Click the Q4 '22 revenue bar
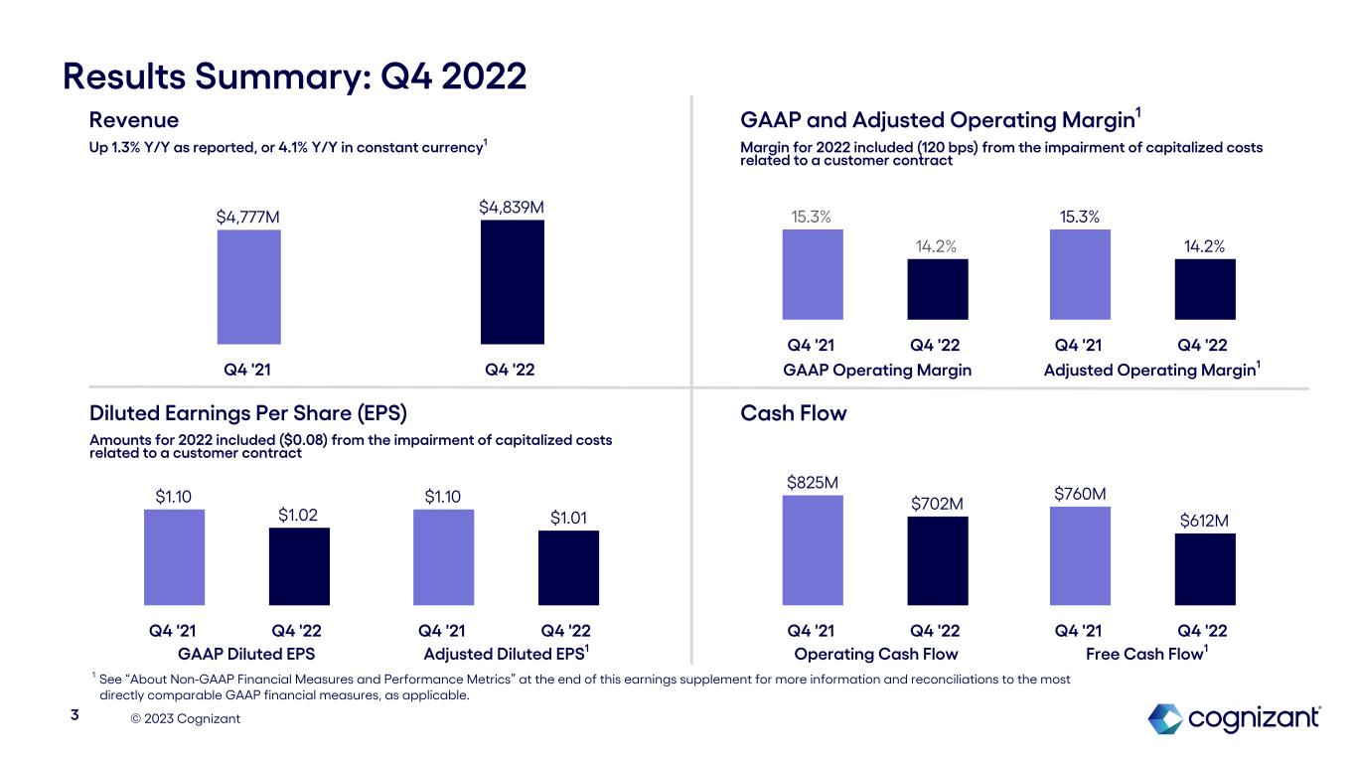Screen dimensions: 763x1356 click(x=512, y=282)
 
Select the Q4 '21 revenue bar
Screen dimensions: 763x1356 click(x=248, y=287)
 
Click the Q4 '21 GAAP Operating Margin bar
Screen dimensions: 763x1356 click(x=813, y=274)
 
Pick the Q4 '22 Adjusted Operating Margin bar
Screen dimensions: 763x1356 click(x=1204, y=289)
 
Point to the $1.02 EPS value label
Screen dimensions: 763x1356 click(x=298, y=515)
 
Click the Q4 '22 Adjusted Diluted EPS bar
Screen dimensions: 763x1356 click(x=568, y=567)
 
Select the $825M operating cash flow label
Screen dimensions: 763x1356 click(x=813, y=483)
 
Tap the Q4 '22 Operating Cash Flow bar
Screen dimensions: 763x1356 click(x=937, y=560)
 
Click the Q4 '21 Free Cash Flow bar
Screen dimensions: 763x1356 click(x=1080, y=555)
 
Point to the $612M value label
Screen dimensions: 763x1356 click(x=1205, y=521)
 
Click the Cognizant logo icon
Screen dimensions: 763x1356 click(x=1164, y=718)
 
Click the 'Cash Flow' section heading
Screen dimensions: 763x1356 click(x=794, y=413)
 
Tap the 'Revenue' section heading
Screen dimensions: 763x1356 click(x=134, y=120)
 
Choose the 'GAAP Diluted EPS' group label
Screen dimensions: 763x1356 click(x=246, y=654)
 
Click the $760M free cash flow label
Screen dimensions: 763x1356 click(x=1080, y=494)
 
